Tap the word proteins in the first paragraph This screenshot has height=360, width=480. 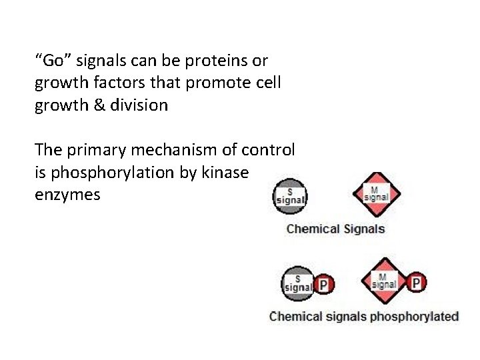click(x=202, y=61)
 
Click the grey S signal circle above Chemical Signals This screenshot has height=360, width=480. click(x=290, y=196)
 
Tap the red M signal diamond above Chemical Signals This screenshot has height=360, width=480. click(x=376, y=194)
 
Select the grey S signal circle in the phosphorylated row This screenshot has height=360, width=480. click(x=298, y=284)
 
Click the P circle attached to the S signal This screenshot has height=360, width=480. click(x=324, y=285)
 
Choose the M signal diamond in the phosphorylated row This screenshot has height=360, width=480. click(x=383, y=282)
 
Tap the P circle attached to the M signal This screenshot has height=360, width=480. click(x=416, y=283)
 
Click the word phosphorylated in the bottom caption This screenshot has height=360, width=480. click(x=414, y=316)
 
